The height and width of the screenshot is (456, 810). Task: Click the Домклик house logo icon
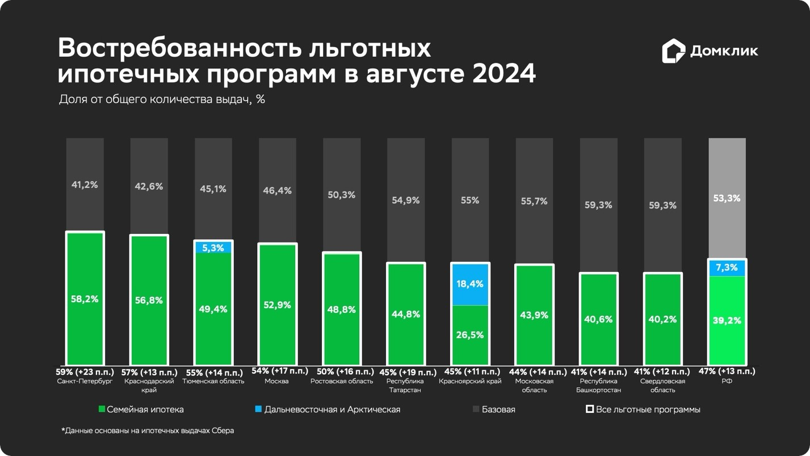click(x=673, y=51)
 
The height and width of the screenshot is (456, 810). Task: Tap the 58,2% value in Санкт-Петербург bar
click(x=85, y=299)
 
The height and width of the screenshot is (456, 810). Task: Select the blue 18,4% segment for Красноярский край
click(x=470, y=284)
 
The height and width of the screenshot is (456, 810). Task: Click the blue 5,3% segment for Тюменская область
click(x=213, y=248)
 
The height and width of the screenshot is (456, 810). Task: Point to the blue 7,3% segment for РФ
click(x=727, y=267)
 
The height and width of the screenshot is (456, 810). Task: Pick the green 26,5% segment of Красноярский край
click(x=470, y=334)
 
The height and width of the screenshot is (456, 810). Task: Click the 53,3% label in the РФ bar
click(x=727, y=198)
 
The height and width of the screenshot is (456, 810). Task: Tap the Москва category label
click(x=277, y=381)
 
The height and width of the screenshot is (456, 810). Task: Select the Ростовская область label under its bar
click(x=342, y=381)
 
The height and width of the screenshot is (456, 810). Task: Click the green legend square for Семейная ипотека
click(x=102, y=409)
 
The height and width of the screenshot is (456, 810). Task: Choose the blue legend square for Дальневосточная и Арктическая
click(x=258, y=409)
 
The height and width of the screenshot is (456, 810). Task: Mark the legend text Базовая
click(x=498, y=409)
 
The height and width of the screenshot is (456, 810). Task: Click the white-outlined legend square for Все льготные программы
click(x=590, y=409)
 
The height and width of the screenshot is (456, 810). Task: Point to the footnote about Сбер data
click(x=148, y=430)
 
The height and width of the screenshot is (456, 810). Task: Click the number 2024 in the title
click(x=504, y=74)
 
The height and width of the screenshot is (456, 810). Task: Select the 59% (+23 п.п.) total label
click(x=85, y=372)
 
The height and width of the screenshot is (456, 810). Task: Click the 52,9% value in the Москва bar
click(x=277, y=305)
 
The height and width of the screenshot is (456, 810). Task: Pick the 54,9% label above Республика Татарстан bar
click(x=406, y=200)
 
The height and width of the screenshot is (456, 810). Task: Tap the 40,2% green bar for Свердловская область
click(x=662, y=319)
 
